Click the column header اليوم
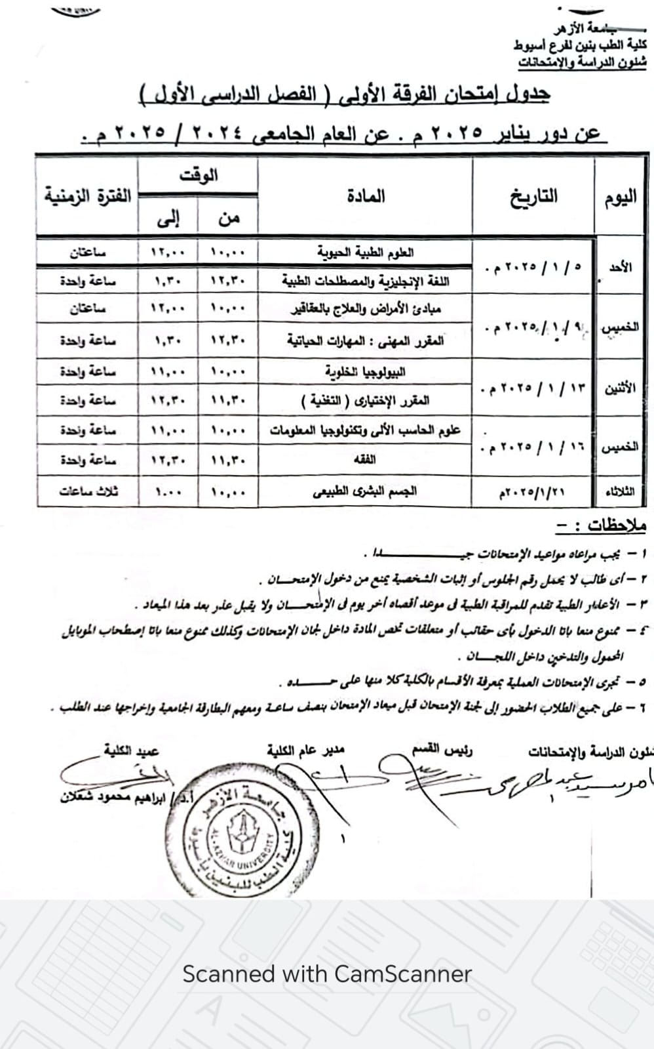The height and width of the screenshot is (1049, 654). (x=620, y=197)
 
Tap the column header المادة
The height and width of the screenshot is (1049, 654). (x=366, y=196)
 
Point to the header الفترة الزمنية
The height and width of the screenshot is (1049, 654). (x=88, y=196)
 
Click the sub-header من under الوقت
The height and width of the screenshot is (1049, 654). (x=228, y=218)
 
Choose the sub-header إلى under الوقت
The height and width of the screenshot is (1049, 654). (x=168, y=218)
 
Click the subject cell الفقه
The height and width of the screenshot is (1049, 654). (x=365, y=460)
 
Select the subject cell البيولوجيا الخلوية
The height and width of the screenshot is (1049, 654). (x=365, y=372)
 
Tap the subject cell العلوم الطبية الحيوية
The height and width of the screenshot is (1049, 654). (x=365, y=253)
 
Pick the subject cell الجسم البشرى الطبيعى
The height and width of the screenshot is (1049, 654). (x=365, y=491)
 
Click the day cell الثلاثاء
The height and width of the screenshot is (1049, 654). (x=620, y=491)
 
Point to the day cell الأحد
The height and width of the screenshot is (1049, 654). (x=620, y=267)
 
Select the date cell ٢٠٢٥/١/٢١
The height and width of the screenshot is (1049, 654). (x=531, y=491)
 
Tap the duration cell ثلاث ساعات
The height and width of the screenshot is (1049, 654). (x=88, y=491)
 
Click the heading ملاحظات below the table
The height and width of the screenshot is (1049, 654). (x=600, y=526)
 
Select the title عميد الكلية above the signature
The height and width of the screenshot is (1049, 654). (x=131, y=750)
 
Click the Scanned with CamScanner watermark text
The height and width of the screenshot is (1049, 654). (x=327, y=974)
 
